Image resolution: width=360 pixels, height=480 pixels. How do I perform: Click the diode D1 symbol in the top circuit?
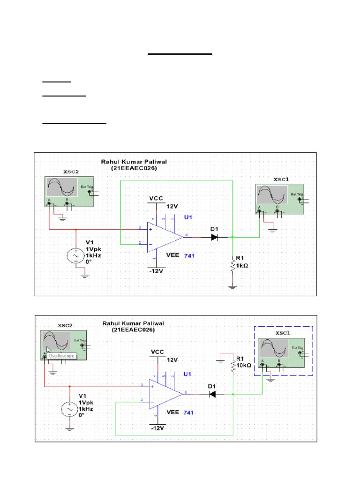click(x=215, y=237)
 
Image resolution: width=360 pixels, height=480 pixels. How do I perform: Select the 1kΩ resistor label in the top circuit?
click(x=242, y=265)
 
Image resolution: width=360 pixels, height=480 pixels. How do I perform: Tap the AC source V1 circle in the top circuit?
click(x=75, y=255)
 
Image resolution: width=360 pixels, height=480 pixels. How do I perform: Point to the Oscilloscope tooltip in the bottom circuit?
click(x=62, y=356)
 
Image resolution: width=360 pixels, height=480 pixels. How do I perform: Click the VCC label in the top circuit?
click(x=156, y=199)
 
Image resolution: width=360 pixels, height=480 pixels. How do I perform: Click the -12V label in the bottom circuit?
click(x=157, y=428)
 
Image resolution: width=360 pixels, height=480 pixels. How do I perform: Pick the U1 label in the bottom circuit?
click(x=187, y=374)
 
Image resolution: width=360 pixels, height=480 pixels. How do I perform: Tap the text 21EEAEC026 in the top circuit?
click(x=134, y=168)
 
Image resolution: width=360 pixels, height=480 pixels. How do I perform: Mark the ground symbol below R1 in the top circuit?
click(x=232, y=286)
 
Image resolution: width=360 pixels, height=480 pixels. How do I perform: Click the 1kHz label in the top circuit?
click(x=93, y=255)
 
